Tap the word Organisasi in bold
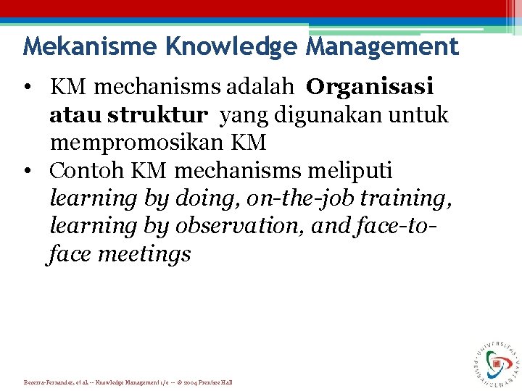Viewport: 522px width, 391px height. tap(370, 87)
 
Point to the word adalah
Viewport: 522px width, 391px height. tap(261, 87)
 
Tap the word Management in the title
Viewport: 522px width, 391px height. tap(382, 46)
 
